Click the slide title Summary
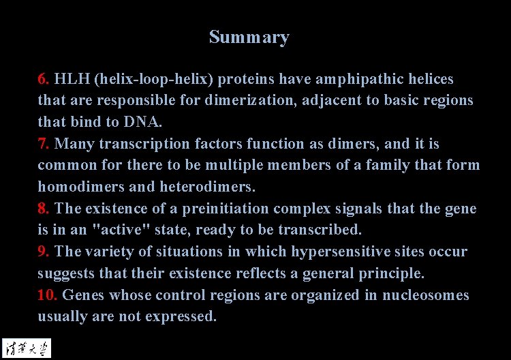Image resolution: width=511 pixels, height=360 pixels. tap(249, 37)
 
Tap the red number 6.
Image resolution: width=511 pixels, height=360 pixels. tap(44, 79)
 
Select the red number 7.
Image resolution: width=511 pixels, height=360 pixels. tap(44, 144)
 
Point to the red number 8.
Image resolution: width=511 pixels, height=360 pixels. tap(44, 209)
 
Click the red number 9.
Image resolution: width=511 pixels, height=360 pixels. tap(44, 252)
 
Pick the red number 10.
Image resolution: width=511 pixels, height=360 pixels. tap(48, 295)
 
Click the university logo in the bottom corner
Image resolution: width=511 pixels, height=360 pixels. tap(27, 348)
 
